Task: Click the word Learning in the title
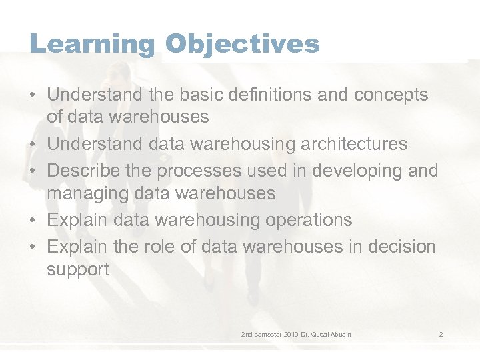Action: pyautogui.click(x=92, y=44)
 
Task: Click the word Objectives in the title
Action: pyautogui.click(x=243, y=44)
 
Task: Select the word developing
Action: pyautogui.click(x=351, y=171)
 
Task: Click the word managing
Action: pyautogui.click(x=83, y=194)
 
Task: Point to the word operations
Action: pyautogui.click(x=309, y=220)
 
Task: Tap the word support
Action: pyautogui.click(x=77, y=270)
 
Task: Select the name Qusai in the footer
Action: pyautogui.click(x=329, y=333)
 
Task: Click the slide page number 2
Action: pyautogui.click(x=441, y=333)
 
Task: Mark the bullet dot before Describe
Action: pyautogui.click(x=33, y=171)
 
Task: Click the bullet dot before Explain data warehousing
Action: pyautogui.click(x=33, y=220)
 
